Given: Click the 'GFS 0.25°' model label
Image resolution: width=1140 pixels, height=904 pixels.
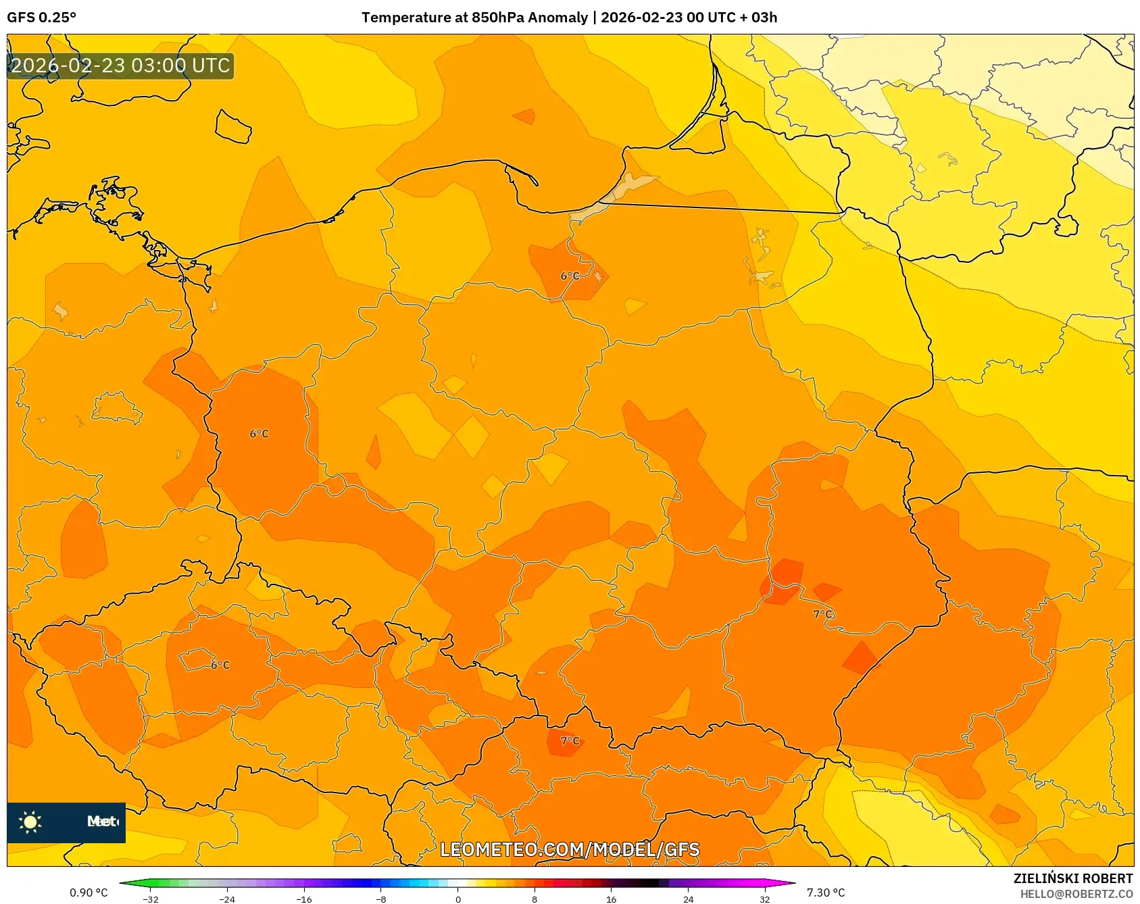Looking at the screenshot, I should [x=41, y=17].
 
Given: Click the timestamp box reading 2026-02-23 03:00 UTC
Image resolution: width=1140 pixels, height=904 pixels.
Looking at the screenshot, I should [x=120, y=66].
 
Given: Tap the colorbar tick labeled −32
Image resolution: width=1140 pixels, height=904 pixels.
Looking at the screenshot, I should [x=151, y=899].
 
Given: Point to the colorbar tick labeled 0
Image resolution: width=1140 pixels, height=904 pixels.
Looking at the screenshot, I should [x=458, y=899].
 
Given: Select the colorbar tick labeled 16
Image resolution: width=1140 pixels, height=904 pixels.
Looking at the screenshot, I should [x=611, y=899].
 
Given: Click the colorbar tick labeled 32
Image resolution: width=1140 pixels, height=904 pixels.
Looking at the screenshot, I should [x=764, y=899].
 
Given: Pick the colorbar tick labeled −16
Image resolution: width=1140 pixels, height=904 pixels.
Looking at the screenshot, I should [x=304, y=899].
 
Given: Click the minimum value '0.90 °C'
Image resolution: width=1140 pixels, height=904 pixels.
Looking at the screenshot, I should [x=89, y=893].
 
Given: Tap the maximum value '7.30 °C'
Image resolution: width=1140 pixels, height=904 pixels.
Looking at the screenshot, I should [x=826, y=893].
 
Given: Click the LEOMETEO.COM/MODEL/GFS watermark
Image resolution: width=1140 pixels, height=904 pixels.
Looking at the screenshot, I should [x=570, y=849].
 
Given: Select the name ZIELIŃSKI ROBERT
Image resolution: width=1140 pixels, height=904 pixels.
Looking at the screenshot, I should [x=1072, y=878].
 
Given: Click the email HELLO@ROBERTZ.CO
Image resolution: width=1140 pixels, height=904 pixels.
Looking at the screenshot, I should [x=1076, y=894].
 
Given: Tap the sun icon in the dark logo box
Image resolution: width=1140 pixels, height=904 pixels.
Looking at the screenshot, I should [x=30, y=822].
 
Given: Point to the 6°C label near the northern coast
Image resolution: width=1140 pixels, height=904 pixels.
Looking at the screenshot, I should [x=570, y=276].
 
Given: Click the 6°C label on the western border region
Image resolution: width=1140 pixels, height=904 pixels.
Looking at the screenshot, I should [x=259, y=434].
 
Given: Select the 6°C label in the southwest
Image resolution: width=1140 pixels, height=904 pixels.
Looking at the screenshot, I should [x=220, y=665].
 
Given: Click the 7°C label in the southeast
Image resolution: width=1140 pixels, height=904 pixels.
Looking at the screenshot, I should [x=822, y=614].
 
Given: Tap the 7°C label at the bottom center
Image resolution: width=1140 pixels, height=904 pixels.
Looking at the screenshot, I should [x=570, y=740].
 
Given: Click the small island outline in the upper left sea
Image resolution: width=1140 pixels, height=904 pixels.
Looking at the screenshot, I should [x=233, y=127].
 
